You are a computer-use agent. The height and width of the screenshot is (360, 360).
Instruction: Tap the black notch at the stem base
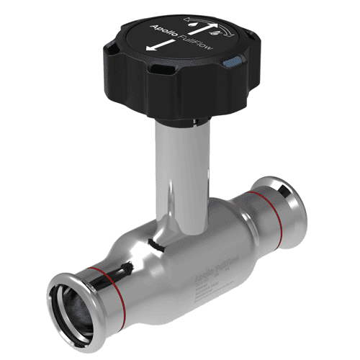tap(153, 242)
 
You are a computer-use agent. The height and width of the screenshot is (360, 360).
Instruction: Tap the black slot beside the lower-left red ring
tap(127, 269)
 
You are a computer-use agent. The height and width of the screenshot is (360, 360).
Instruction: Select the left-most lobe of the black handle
tap(112, 54)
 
